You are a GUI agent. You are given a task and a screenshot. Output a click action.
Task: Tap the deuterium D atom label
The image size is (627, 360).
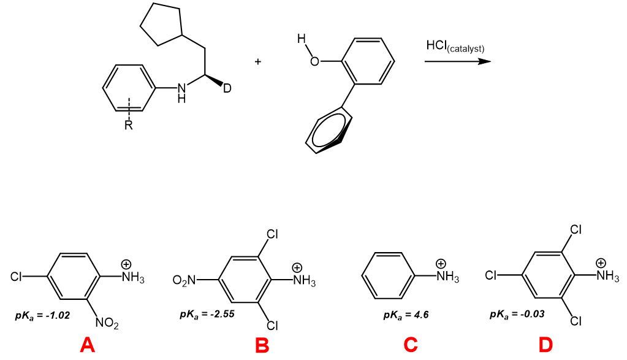[226, 89]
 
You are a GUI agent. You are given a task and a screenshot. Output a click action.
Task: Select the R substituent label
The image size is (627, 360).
[129, 127]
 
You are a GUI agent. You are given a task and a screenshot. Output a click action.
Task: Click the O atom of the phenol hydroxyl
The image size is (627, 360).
[314, 61]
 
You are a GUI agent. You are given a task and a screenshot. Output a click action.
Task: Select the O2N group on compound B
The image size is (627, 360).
[184, 281]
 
